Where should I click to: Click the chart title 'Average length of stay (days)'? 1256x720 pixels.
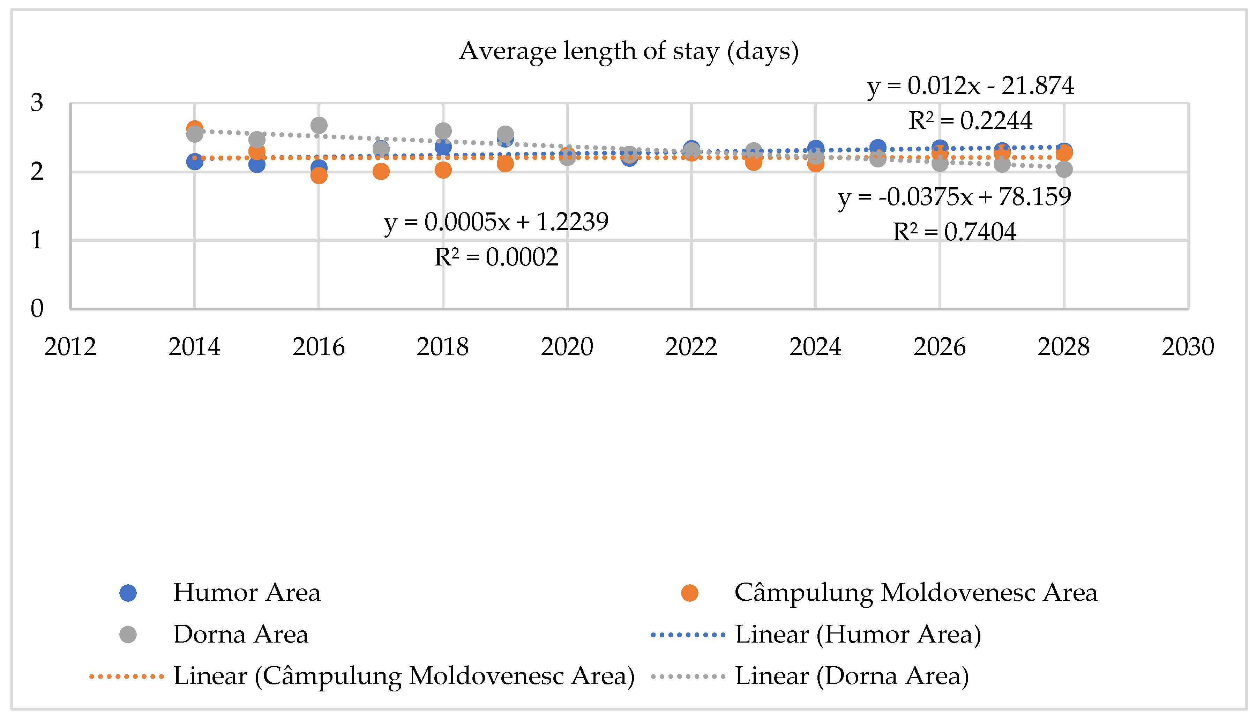pos(628,51)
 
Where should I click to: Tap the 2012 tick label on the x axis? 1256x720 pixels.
pos(70,347)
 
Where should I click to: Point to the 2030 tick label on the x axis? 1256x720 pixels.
pos(1187,347)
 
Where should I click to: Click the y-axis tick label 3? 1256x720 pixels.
pos(37,103)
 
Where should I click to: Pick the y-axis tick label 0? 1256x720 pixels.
pos(37,309)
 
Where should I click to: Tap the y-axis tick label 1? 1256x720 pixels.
pos(37,240)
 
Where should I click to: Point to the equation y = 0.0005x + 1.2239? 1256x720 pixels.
pos(496,222)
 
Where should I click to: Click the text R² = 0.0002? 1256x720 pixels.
pos(496,257)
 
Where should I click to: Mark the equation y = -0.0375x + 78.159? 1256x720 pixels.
pos(954,197)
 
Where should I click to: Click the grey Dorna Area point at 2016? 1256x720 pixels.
pos(319,126)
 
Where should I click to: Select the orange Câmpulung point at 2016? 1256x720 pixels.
pos(319,175)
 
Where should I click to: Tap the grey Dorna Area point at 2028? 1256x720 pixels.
pos(1064,170)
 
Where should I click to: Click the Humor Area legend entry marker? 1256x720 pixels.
pos(128,593)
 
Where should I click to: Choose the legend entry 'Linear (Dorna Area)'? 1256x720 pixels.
pos(852,676)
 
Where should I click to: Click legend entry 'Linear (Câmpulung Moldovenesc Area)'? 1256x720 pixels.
pos(404,676)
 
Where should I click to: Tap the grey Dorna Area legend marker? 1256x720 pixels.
pos(128,635)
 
